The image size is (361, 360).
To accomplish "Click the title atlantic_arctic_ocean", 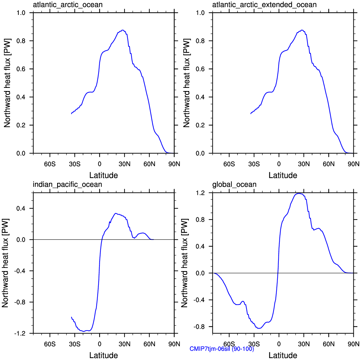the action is pos(68,5).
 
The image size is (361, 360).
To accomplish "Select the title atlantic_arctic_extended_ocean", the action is pos(264,5).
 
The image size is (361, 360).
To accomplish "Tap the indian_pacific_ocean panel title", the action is pos(67,185).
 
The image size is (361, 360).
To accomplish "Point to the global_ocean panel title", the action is pos(234,185).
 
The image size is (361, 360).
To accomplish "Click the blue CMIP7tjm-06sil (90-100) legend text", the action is pos(222,349).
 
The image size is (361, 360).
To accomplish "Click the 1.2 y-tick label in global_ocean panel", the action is pos(200,193).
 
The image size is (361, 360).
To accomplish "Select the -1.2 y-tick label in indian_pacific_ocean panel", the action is pos(20,334).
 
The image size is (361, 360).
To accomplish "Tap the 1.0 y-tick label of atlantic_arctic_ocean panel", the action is pos(21,13).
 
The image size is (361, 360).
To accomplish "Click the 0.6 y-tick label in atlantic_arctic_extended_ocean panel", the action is pos(200,69).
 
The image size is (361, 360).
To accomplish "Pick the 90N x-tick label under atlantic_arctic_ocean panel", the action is pos(174,164).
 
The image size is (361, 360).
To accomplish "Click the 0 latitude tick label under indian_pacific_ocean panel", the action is pos(99,344).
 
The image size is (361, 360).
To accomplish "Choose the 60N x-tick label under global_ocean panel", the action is pos(329,344).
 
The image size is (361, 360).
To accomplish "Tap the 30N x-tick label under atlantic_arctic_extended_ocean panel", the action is pos(304,164).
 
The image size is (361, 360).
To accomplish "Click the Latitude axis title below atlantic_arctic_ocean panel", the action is pos(104,175).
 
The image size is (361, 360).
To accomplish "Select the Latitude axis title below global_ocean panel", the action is pos(283,355).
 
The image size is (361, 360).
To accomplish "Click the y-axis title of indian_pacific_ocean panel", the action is pos(5,263).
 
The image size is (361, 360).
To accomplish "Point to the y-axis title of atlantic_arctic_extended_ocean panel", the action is pos(186,83).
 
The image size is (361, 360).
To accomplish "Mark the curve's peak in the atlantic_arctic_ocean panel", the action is pos(123,30).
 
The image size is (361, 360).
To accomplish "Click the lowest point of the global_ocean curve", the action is pos(259,328).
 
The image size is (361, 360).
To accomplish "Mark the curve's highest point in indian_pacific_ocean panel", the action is pos(116,213).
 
